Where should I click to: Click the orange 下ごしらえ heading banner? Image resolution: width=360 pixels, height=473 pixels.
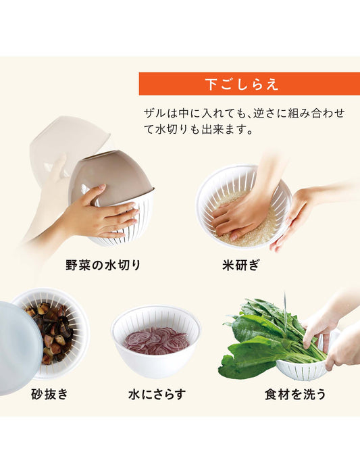click(x=242, y=84)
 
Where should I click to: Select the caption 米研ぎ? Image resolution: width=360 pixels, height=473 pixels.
click(x=242, y=265)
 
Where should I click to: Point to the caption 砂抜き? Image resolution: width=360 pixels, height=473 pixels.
click(x=49, y=393)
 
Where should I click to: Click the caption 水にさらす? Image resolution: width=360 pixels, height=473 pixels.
click(x=156, y=393)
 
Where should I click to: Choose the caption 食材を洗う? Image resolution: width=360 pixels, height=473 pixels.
click(x=295, y=393)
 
